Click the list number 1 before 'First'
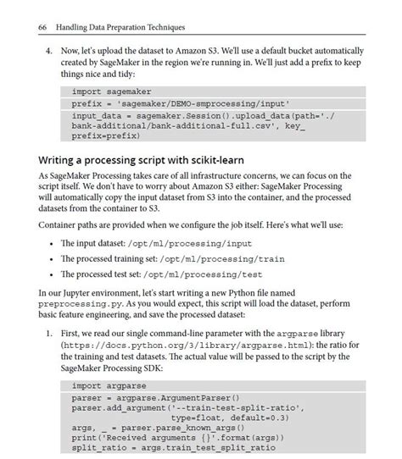click(x=49, y=335)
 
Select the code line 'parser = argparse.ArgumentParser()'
click(x=156, y=397)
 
